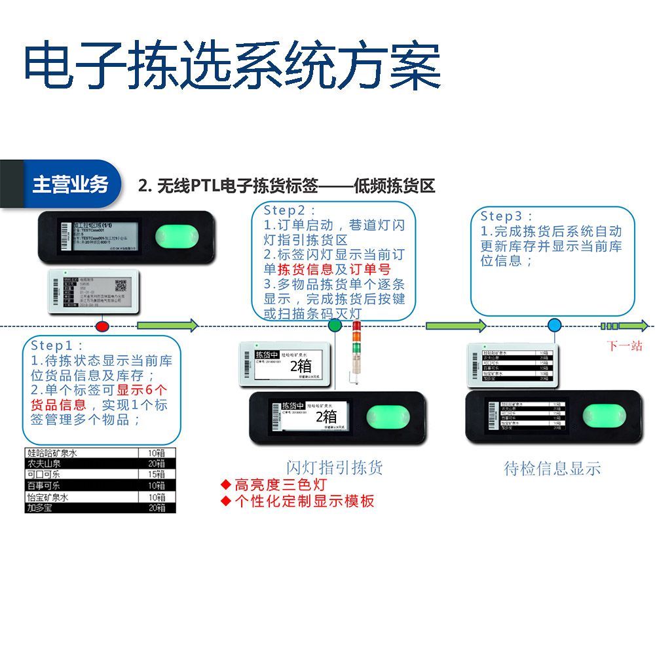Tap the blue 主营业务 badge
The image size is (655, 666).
pos(70,185)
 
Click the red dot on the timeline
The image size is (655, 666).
pos(102,326)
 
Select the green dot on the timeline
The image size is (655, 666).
pos(335,325)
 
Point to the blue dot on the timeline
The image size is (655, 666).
pos(554,325)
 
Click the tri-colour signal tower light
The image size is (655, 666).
pos(356,347)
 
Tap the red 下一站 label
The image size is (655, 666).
pos(624,346)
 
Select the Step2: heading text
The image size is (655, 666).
pos(290,210)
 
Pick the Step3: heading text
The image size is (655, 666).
pos(507,216)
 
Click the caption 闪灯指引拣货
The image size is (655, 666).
pos(335,467)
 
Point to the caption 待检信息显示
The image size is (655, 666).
pos(552,468)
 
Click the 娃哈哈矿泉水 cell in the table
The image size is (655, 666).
pos(52,452)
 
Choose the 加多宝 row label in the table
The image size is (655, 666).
pos(39,508)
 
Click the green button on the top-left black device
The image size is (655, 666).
pos(176,237)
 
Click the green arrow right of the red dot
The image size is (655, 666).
pos(167,326)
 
